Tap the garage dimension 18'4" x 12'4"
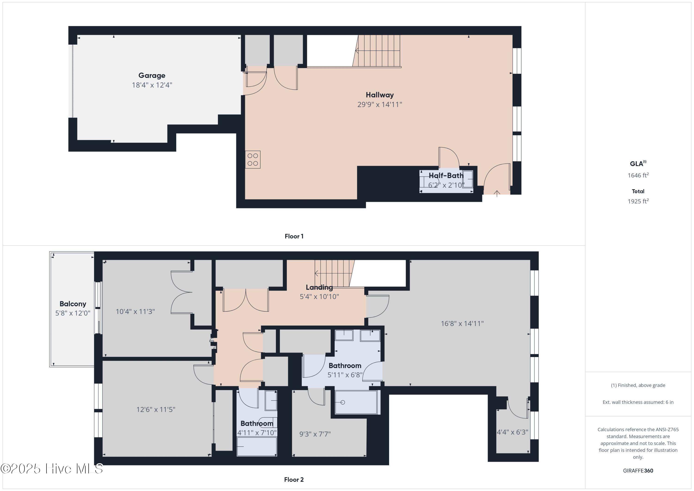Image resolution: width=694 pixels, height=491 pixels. [x=152, y=85]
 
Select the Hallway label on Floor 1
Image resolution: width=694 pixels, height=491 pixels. [x=380, y=95]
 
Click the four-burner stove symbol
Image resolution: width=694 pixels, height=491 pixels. [x=253, y=160]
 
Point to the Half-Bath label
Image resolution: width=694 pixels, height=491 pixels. [x=446, y=175]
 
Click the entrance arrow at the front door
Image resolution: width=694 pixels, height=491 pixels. [x=497, y=193]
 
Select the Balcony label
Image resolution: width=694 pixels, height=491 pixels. [x=73, y=304]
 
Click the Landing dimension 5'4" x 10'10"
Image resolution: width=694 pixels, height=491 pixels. [x=319, y=297]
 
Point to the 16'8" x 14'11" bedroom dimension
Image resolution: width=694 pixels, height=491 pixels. [x=462, y=323]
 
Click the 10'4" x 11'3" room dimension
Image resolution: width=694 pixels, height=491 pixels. [x=135, y=311]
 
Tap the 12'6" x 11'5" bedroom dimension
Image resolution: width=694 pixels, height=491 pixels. [x=156, y=409]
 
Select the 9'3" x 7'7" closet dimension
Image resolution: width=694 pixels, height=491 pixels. [x=315, y=434]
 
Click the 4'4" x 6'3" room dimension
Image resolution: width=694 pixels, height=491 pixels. [x=512, y=432]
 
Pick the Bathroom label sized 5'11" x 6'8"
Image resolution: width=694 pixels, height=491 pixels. [x=345, y=366]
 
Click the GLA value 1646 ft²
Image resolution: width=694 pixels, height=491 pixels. [x=638, y=175]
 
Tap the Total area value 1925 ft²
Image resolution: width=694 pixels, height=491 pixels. [x=638, y=201]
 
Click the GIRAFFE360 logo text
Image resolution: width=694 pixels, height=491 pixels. [x=638, y=471]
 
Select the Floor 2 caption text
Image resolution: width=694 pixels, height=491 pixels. [x=294, y=479]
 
